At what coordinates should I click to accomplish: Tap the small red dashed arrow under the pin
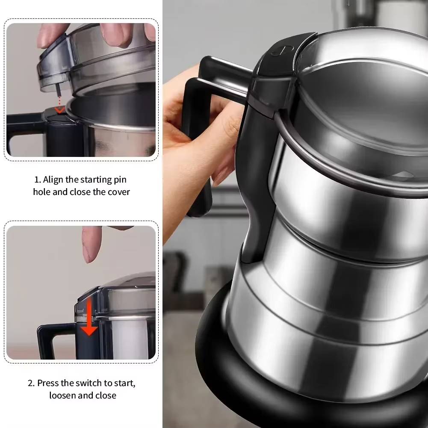[x=60, y=104]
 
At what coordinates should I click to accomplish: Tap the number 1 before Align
[x=37, y=180]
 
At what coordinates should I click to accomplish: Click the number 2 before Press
[x=31, y=383]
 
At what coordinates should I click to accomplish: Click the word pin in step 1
[x=120, y=180]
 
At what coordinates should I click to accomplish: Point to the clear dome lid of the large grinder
[x=363, y=98]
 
